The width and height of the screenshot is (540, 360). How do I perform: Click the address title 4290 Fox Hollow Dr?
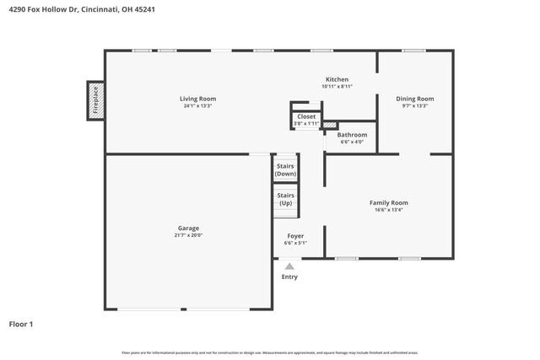(x=81, y=10)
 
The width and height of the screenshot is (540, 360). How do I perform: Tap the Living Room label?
(x=197, y=99)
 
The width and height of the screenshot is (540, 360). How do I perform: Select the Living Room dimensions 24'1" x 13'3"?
(x=197, y=106)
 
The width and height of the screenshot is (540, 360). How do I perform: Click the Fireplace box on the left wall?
(x=95, y=99)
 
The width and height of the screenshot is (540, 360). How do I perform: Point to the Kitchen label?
(x=336, y=79)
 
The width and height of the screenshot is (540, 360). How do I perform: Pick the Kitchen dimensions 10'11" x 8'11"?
(x=336, y=87)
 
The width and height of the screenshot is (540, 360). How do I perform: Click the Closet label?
(x=306, y=116)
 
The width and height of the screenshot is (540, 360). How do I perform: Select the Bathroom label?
(x=352, y=135)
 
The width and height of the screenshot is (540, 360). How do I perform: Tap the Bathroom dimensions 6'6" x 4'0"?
(x=352, y=142)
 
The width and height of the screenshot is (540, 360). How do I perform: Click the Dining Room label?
(x=414, y=99)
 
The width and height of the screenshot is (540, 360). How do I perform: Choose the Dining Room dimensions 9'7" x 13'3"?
(x=414, y=106)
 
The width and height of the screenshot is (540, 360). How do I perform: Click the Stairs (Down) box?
(x=285, y=169)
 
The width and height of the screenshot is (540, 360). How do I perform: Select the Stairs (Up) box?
(x=285, y=199)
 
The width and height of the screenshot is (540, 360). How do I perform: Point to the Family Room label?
(x=388, y=202)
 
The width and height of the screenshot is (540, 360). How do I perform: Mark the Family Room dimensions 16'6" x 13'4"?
(x=388, y=210)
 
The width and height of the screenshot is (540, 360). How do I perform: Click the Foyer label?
(x=295, y=236)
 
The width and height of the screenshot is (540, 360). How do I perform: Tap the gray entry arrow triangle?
(x=289, y=266)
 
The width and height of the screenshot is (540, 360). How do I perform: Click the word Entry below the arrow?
(x=289, y=277)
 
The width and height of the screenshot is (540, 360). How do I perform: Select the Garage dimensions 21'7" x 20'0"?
(x=188, y=235)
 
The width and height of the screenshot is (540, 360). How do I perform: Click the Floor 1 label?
(x=21, y=324)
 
